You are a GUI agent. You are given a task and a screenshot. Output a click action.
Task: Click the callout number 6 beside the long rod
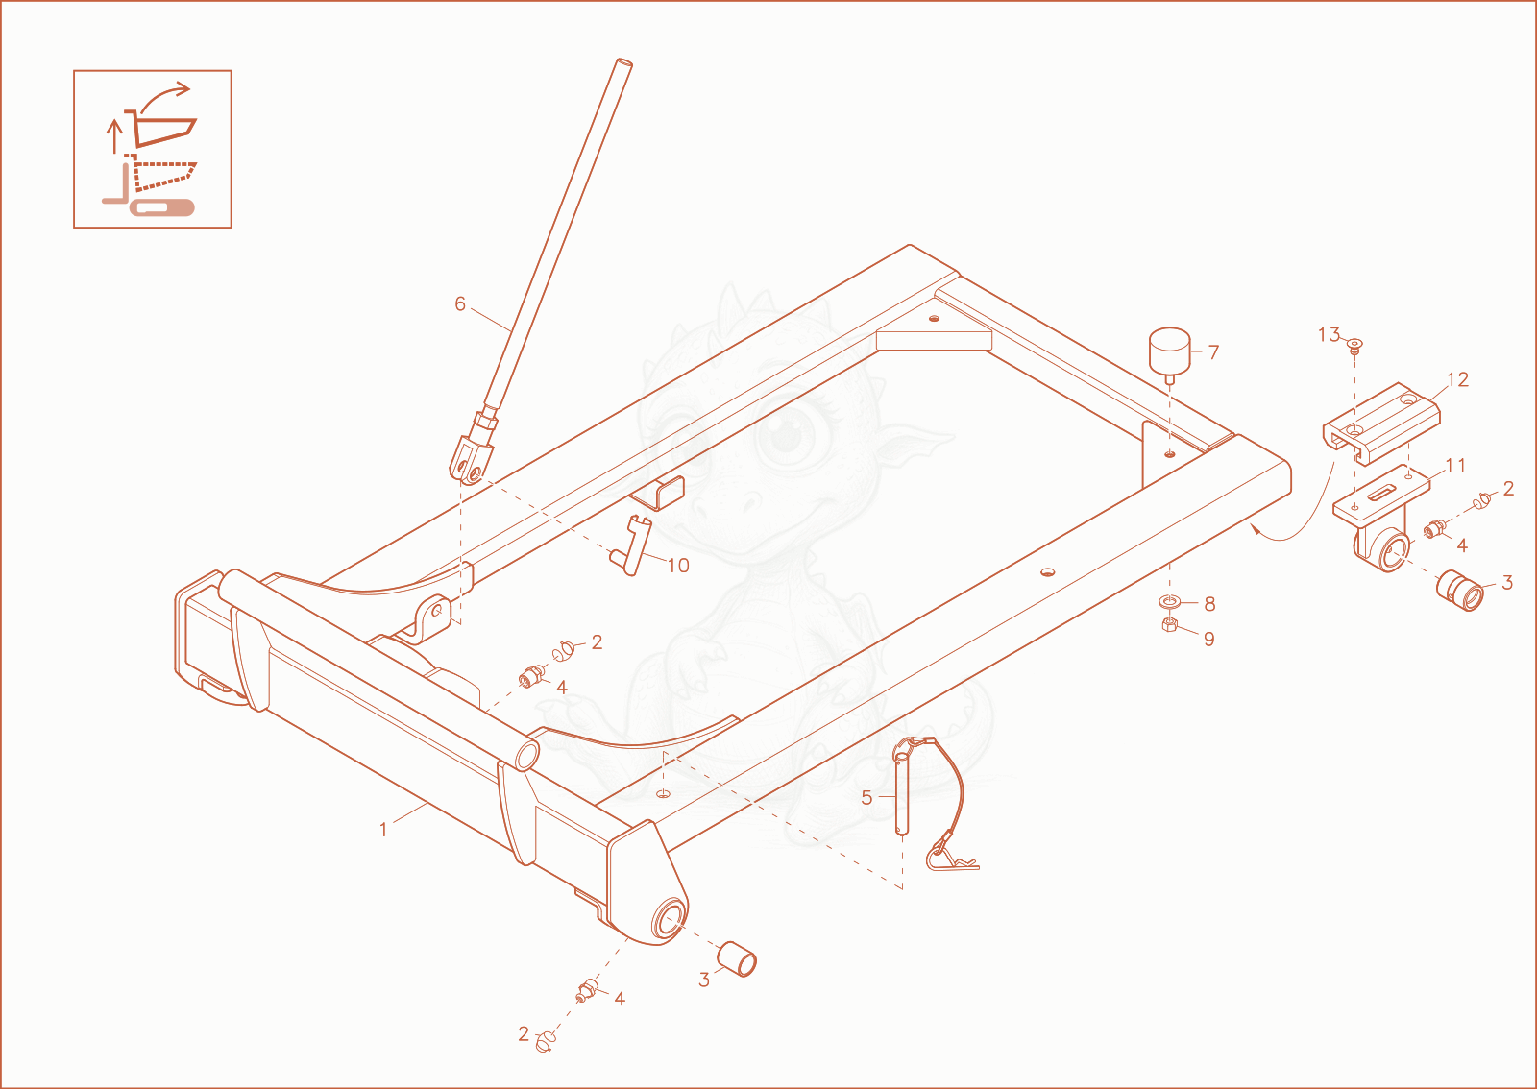pyautogui.click(x=460, y=303)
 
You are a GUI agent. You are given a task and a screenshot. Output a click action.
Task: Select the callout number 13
pyautogui.click(x=1330, y=334)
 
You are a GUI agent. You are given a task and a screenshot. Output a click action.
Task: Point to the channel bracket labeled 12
pyautogui.click(x=1381, y=423)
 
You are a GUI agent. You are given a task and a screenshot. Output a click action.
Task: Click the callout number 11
pyautogui.click(x=1455, y=466)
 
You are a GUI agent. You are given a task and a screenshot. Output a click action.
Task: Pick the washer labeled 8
pyautogui.click(x=1168, y=602)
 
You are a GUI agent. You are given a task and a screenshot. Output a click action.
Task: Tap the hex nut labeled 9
pyautogui.click(x=1170, y=624)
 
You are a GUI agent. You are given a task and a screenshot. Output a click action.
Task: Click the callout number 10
pyautogui.click(x=678, y=566)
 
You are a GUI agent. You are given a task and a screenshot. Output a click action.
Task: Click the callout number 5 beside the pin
pyautogui.click(x=866, y=798)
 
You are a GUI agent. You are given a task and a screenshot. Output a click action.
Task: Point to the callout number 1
pyautogui.click(x=383, y=830)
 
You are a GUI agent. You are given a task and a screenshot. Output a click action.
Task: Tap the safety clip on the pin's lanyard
pyautogui.click(x=952, y=856)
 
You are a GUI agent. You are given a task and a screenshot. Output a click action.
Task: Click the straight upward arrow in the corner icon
pyautogui.click(x=115, y=135)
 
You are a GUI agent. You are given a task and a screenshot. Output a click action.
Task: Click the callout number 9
pyautogui.click(x=1209, y=640)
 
